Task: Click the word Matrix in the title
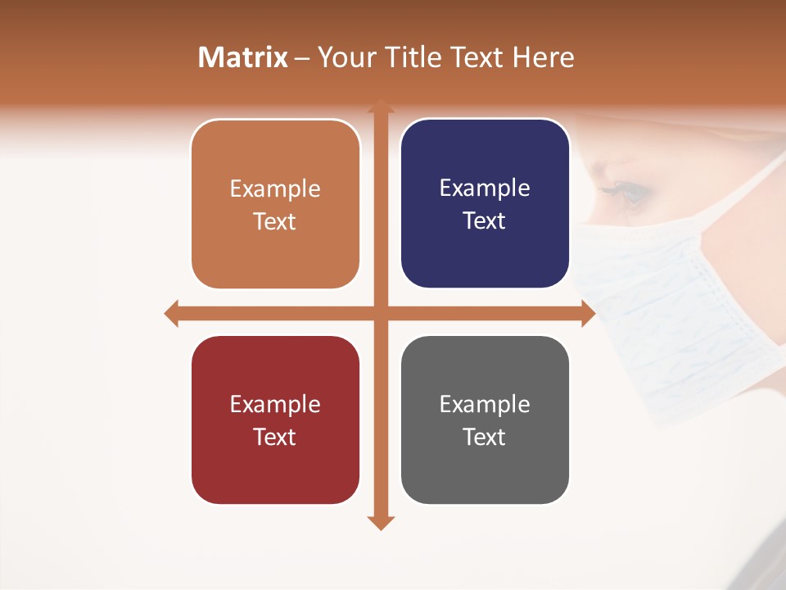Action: [x=243, y=57]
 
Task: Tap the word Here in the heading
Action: [x=544, y=57]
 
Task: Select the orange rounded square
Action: [x=275, y=205]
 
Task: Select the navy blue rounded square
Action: [x=485, y=204]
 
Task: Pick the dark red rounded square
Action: [x=275, y=420]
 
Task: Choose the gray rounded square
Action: [x=485, y=420]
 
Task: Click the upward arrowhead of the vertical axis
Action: [x=380, y=106]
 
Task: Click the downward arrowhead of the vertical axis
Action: [x=380, y=522]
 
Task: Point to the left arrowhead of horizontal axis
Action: [x=171, y=313]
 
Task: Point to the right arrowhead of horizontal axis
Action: [x=588, y=313]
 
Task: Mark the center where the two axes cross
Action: [x=380, y=313]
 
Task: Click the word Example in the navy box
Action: [x=485, y=188]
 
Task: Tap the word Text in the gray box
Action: [x=485, y=437]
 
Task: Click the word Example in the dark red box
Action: [x=275, y=404]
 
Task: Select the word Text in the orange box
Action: [x=275, y=221]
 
